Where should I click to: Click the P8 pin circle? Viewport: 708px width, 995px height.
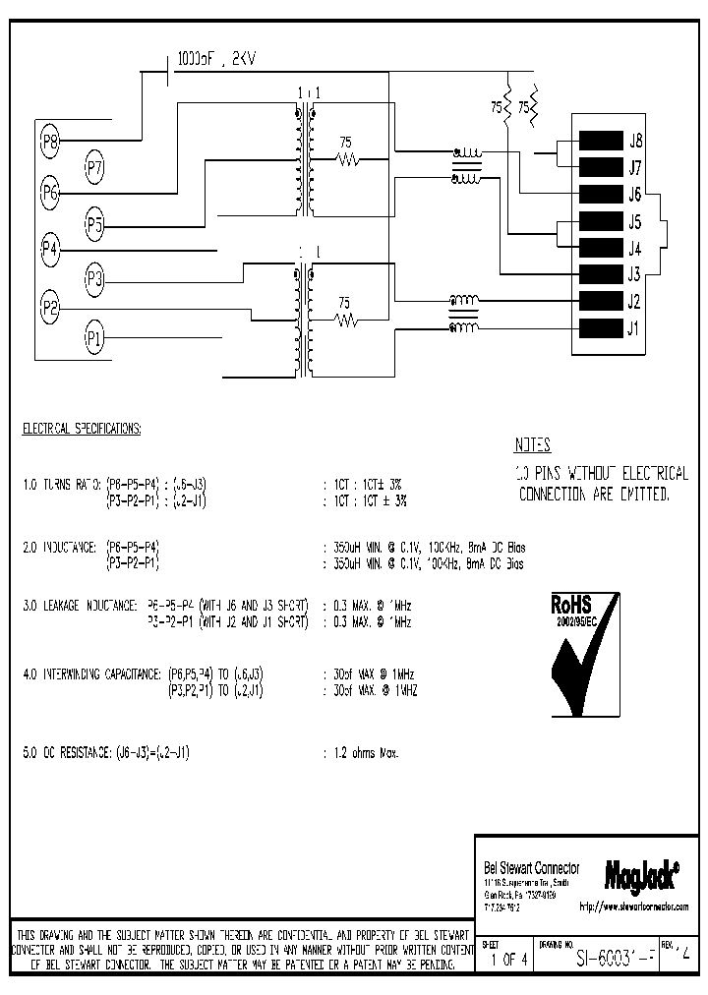coord(50,143)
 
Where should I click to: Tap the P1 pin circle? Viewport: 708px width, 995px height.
coord(94,339)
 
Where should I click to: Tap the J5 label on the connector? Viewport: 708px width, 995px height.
coord(635,221)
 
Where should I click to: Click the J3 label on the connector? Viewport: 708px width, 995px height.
coord(635,274)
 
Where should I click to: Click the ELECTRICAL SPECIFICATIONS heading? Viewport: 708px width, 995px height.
coord(81,430)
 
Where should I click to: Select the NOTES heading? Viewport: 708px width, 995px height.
coord(532,444)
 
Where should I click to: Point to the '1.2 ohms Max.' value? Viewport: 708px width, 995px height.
coord(361,753)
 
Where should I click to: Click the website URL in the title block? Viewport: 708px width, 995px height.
coord(633,905)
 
